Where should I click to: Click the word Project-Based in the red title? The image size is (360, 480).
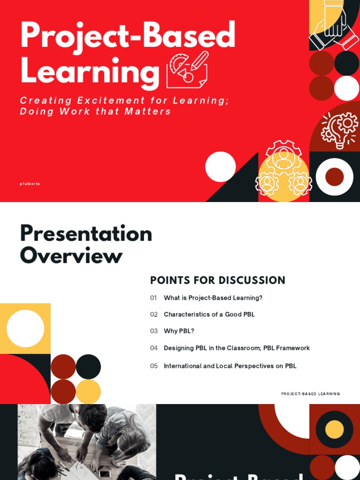pos(127,36)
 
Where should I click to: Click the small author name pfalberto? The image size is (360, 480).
pos(30,184)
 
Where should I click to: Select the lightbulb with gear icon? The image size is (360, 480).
pos(340,130)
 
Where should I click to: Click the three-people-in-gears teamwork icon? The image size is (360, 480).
pos(284,170)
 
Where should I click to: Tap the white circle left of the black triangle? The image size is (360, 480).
pos(220,166)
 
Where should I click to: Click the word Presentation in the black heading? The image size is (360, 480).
pos(86,234)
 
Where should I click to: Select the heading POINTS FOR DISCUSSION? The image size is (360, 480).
pos(217,280)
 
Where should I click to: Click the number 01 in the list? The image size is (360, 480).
pos(154,298)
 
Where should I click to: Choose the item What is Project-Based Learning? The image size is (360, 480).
pos(213,298)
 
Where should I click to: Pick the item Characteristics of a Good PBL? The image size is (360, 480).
pos(209,315)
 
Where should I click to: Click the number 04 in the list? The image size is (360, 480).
pos(154,348)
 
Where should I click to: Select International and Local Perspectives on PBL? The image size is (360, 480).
pos(230,366)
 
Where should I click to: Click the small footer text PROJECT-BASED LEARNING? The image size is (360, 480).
pos(310,394)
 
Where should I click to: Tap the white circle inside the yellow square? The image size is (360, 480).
pos(25,329)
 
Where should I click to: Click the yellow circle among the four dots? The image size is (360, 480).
pos(88,391)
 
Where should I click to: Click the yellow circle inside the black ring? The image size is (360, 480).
pos(334,429)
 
